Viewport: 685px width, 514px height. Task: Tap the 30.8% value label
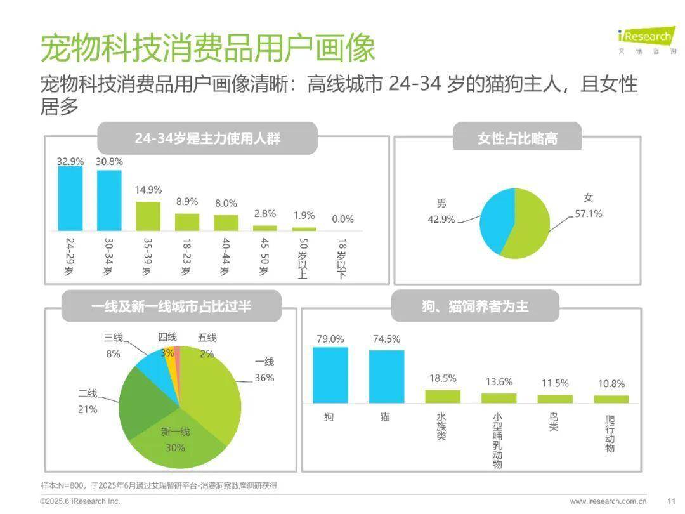pos(109,162)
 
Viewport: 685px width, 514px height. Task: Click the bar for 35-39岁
pos(148,216)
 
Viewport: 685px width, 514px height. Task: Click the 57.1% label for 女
pos(589,214)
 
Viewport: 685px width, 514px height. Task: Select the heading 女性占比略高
pos(517,138)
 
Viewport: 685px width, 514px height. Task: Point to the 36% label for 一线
pos(264,378)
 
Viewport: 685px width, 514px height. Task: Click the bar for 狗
pos(330,375)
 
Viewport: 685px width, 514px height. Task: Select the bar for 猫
pos(386,376)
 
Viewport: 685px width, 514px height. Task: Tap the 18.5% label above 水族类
pos(442,378)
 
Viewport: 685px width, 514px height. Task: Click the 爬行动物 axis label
pos(610,434)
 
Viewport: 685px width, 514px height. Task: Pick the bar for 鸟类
pos(554,399)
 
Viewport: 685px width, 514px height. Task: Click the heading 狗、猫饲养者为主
pos(474,306)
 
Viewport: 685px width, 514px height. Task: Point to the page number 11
pos(671,501)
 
